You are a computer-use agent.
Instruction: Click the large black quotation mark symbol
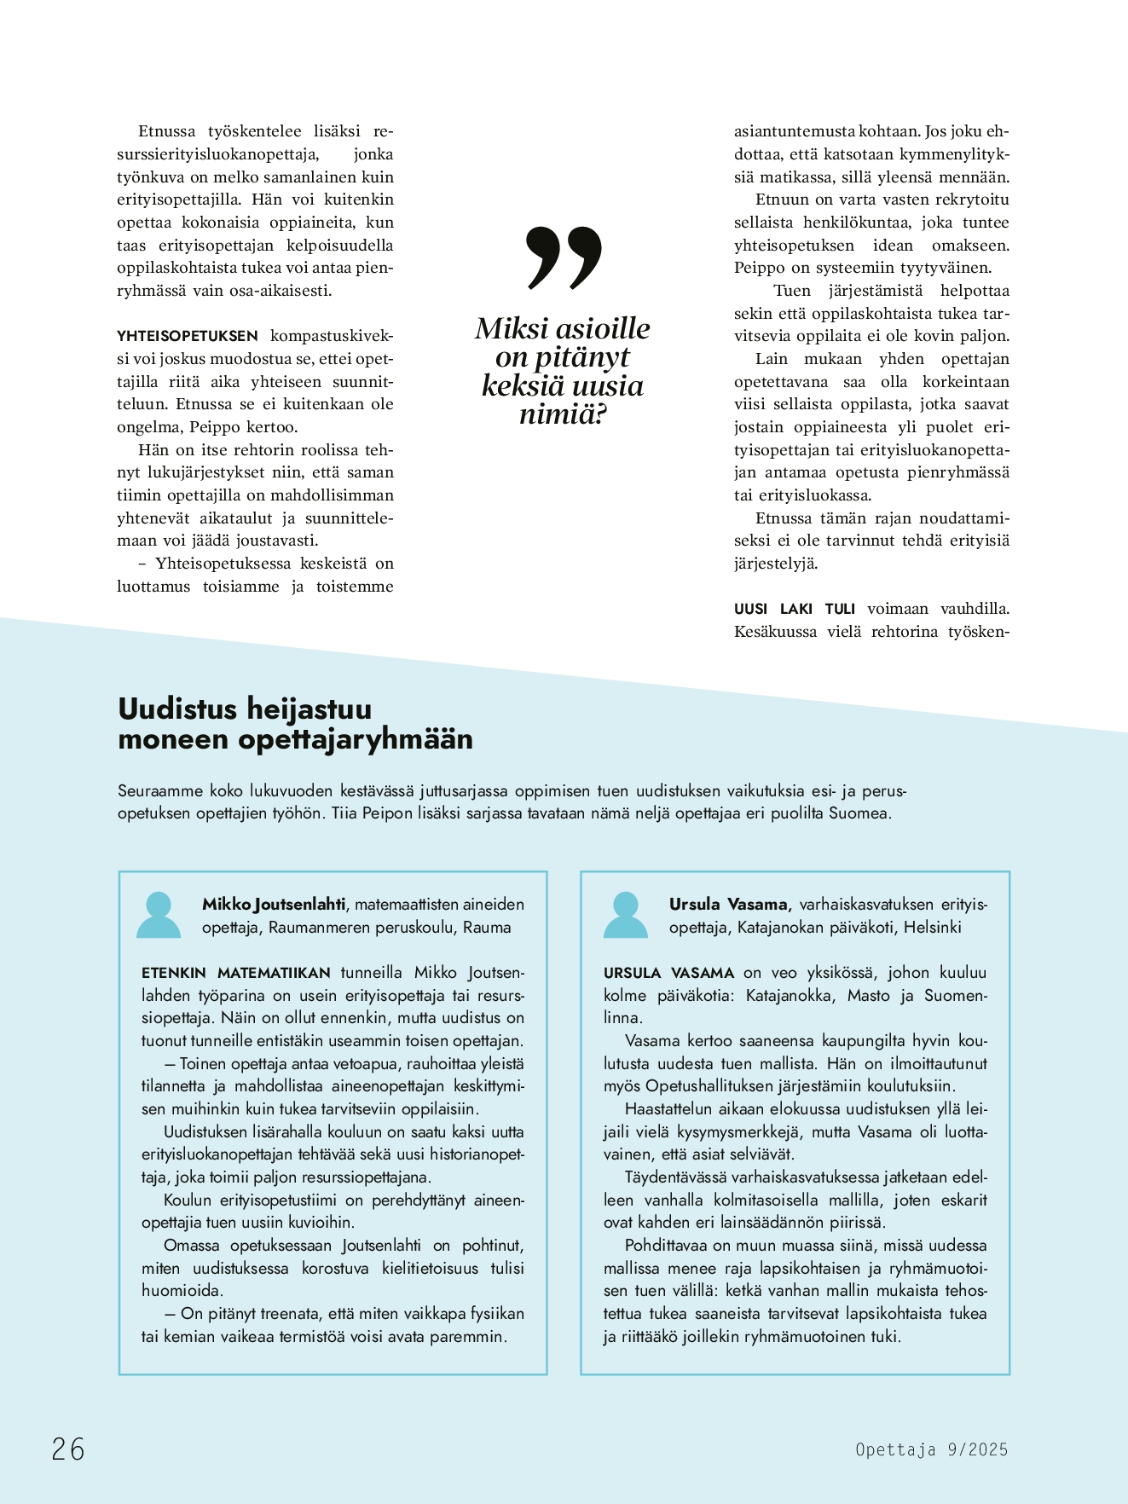click(x=564, y=257)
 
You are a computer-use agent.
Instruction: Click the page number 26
click(x=68, y=1449)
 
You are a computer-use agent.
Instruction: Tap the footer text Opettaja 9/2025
click(x=931, y=1449)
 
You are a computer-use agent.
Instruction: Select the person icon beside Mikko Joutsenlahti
click(x=159, y=916)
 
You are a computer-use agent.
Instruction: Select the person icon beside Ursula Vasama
click(x=625, y=916)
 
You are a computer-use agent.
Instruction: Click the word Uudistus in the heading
click(x=177, y=709)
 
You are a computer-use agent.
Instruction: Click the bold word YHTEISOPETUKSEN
click(x=187, y=336)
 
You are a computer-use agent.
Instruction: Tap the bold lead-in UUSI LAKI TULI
click(x=794, y=609)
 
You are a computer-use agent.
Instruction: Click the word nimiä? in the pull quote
click(x=563, y=414)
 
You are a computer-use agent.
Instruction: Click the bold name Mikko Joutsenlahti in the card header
click(x=274, y=904)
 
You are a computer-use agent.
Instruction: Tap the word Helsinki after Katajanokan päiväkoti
click(x=932, y=927)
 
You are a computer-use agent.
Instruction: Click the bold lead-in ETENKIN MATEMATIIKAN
click(x=236, y=973)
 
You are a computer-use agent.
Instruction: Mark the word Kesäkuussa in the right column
click(x=775, y=632)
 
